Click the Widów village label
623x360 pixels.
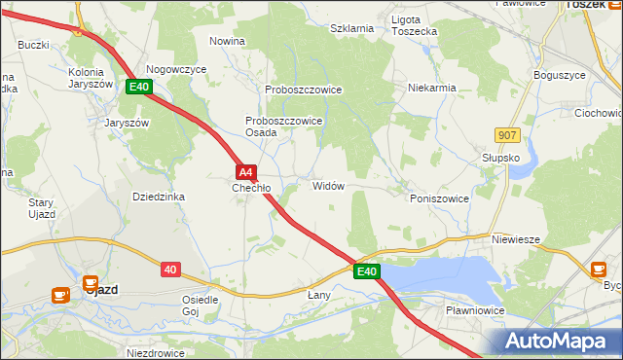[x=328, y=185]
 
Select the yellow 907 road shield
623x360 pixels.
[x=505, y=135]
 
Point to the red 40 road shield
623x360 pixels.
[x=169, y=269]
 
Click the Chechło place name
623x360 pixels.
[x=250, y=188]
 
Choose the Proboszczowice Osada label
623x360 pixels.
[x=283, y=126]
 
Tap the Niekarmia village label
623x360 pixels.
[x=432, y=88]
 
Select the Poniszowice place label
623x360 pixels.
[x=439, y=198]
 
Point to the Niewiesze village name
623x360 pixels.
[x=516, y=239]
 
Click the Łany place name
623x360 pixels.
[x=319, y=295]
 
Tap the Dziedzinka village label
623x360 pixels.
[x=159, y=197]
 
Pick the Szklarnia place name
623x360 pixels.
[x=351, y=28]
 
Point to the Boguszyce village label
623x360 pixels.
[x=560, y=75]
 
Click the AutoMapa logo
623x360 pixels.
[x=558, y=342]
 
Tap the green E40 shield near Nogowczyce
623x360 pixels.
[x=139, y=88]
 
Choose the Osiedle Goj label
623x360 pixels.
[x=200, y=306]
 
